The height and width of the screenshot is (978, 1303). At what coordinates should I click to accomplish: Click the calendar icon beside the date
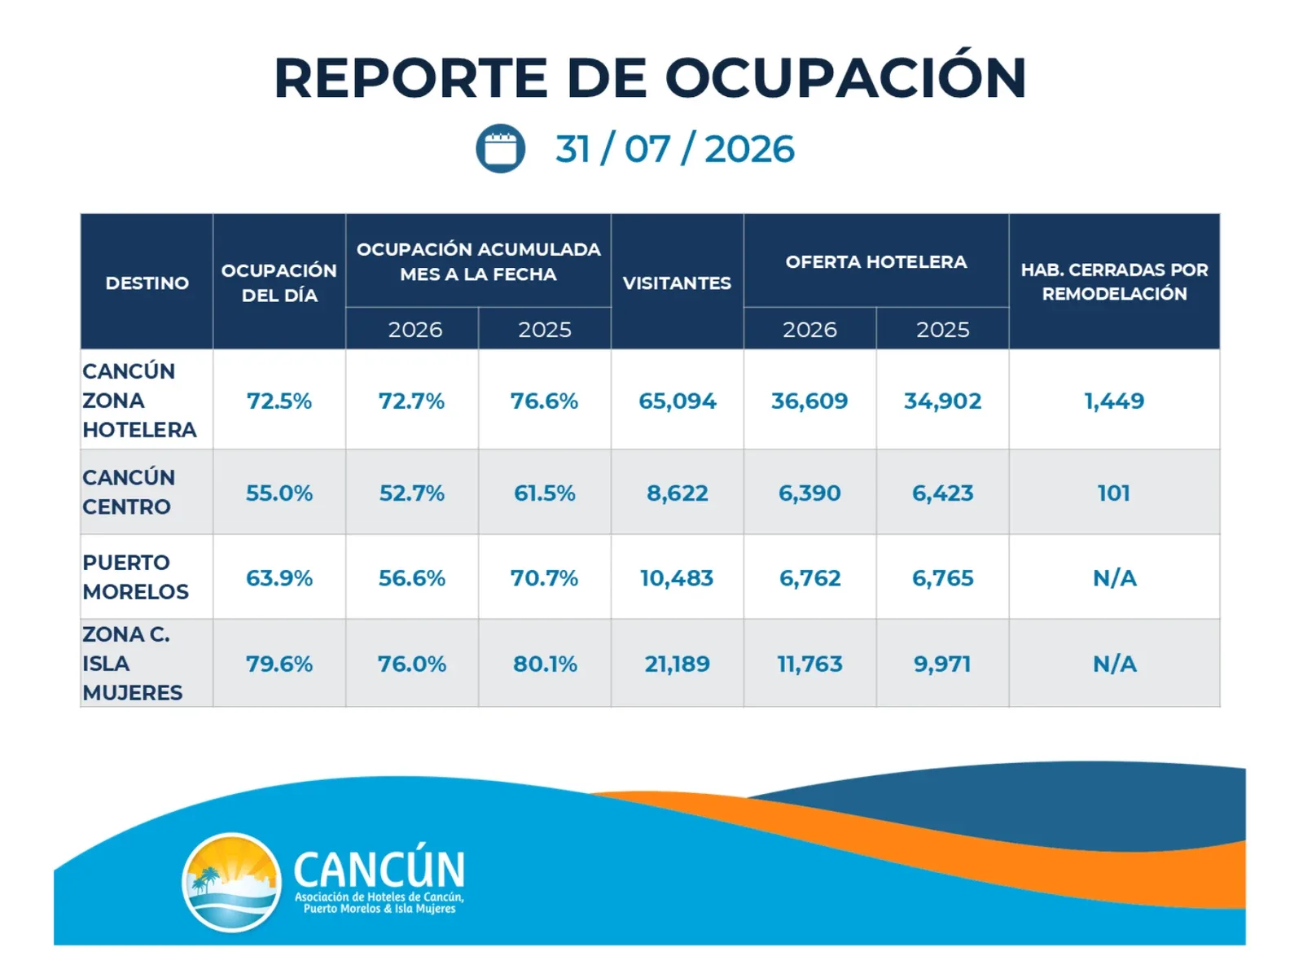click(x=500, y=148)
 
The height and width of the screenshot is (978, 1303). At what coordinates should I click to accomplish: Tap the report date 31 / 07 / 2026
click(x=674, y=149)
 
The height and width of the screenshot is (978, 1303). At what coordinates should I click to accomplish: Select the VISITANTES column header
click(x=677, y=283)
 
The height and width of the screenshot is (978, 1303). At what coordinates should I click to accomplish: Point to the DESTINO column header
click(x=147, y=283)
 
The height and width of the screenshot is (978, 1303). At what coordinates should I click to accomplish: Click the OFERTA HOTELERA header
click(x=875, y=261)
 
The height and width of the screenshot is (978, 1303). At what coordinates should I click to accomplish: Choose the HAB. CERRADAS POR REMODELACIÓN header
click(x=1114, y=282)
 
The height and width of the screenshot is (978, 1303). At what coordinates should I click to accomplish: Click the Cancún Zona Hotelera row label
click(x=139, y=400)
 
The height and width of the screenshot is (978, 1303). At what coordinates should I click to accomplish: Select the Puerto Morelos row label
click(x=135, y=577)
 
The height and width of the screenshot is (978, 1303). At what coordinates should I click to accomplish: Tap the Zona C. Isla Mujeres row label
click(x=133, y=664)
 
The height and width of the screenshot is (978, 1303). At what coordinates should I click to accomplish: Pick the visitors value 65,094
click(x=678, y=401)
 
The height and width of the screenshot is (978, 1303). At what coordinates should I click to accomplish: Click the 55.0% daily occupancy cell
click(x=279, y=493)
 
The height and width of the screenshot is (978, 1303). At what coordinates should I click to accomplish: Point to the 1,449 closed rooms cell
click(x=1114, y=401)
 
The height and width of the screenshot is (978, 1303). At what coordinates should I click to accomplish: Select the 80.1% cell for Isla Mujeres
click(x=545, y=664)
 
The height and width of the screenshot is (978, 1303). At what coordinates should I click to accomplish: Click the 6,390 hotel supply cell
click(x=809, y=493)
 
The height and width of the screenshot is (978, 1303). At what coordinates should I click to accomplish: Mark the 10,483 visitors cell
click(x=677, y=578)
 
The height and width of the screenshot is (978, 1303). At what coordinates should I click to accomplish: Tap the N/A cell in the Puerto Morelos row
click(x=1114, y=578)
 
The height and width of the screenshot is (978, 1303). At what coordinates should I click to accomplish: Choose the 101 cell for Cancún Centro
click(x=1113, y=493)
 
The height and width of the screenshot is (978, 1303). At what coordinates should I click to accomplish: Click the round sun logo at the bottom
click(x=231, y=883)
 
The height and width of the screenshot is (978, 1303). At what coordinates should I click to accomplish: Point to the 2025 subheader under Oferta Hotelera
click(x=943, y=329)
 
